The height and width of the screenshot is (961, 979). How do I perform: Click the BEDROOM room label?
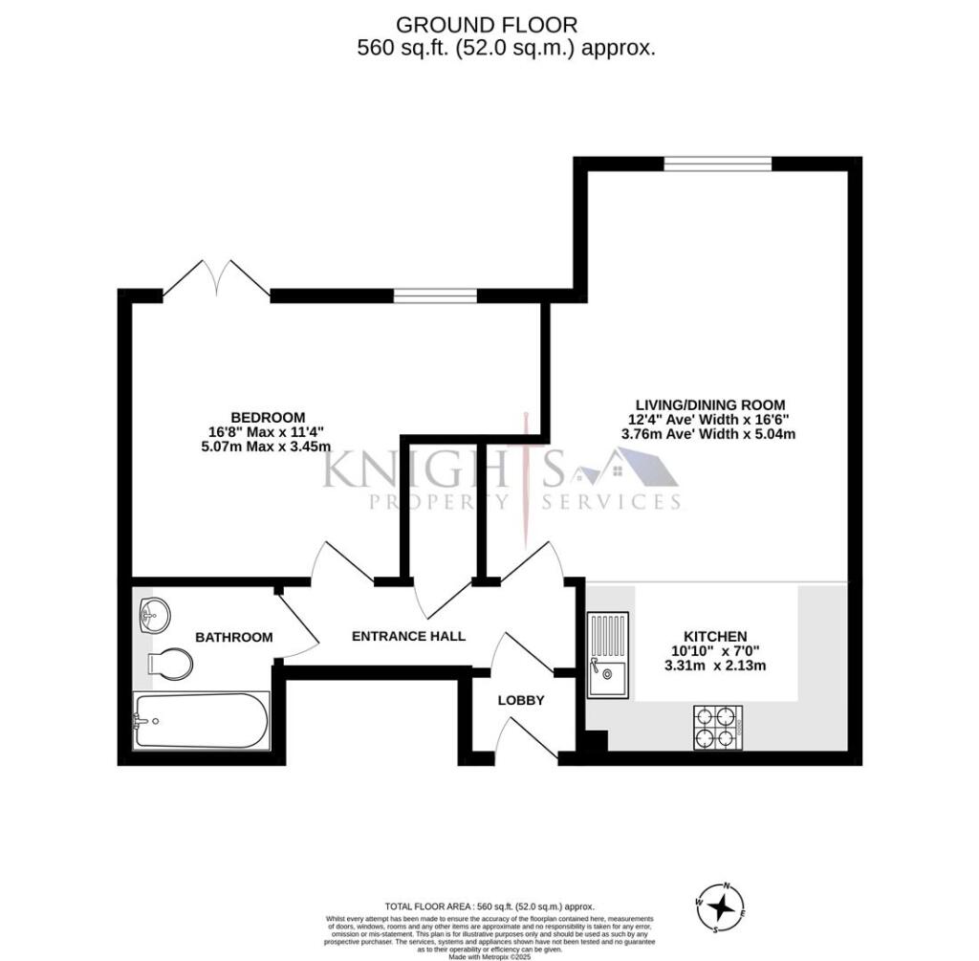click(268, 417)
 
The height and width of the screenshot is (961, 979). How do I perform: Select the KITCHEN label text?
click(715, 636)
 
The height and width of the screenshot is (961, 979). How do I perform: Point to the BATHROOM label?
click(234, 637)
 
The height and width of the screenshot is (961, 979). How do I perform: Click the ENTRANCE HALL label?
click(408, 636)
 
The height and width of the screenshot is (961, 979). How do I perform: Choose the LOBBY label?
click(521, 700)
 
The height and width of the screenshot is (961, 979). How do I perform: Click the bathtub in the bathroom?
click(201, 721)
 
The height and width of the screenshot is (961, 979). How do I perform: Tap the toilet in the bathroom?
click(171, 663)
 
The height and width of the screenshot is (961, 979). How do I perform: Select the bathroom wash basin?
click(153, 614)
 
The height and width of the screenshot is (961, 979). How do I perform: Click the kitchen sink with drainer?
click(607, 654)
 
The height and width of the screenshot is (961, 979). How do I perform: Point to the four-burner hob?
click(718, 726)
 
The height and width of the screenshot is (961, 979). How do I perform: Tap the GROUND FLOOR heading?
click(487, 25)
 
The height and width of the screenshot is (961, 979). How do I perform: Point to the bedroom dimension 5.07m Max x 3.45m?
click(268, 446)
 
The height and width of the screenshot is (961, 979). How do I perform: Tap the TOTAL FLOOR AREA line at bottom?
click(489, 906)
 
